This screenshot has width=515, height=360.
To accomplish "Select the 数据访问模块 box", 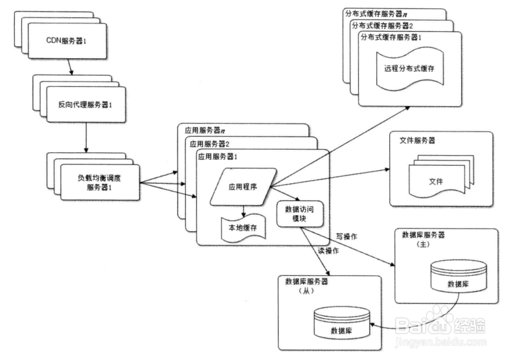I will [x=300, y=214].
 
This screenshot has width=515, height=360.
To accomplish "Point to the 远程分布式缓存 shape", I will [x=406, y=70].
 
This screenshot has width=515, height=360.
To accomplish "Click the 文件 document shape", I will [x=435, y=181].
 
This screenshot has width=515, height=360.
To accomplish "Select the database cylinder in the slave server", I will [x=341, y=322].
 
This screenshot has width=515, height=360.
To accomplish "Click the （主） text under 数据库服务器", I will [x=424, y=246].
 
